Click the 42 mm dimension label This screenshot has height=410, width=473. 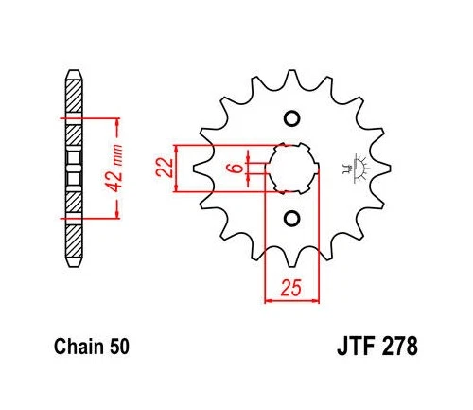114,168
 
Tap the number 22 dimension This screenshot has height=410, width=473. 165,168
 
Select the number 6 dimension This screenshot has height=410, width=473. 237,168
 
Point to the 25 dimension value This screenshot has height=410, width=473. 291,288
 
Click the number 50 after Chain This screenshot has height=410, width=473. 120,347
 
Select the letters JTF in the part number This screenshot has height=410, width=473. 357,347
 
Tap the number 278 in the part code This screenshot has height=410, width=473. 400,347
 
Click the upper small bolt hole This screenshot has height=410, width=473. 291,118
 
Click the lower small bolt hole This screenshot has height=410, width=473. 291,219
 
